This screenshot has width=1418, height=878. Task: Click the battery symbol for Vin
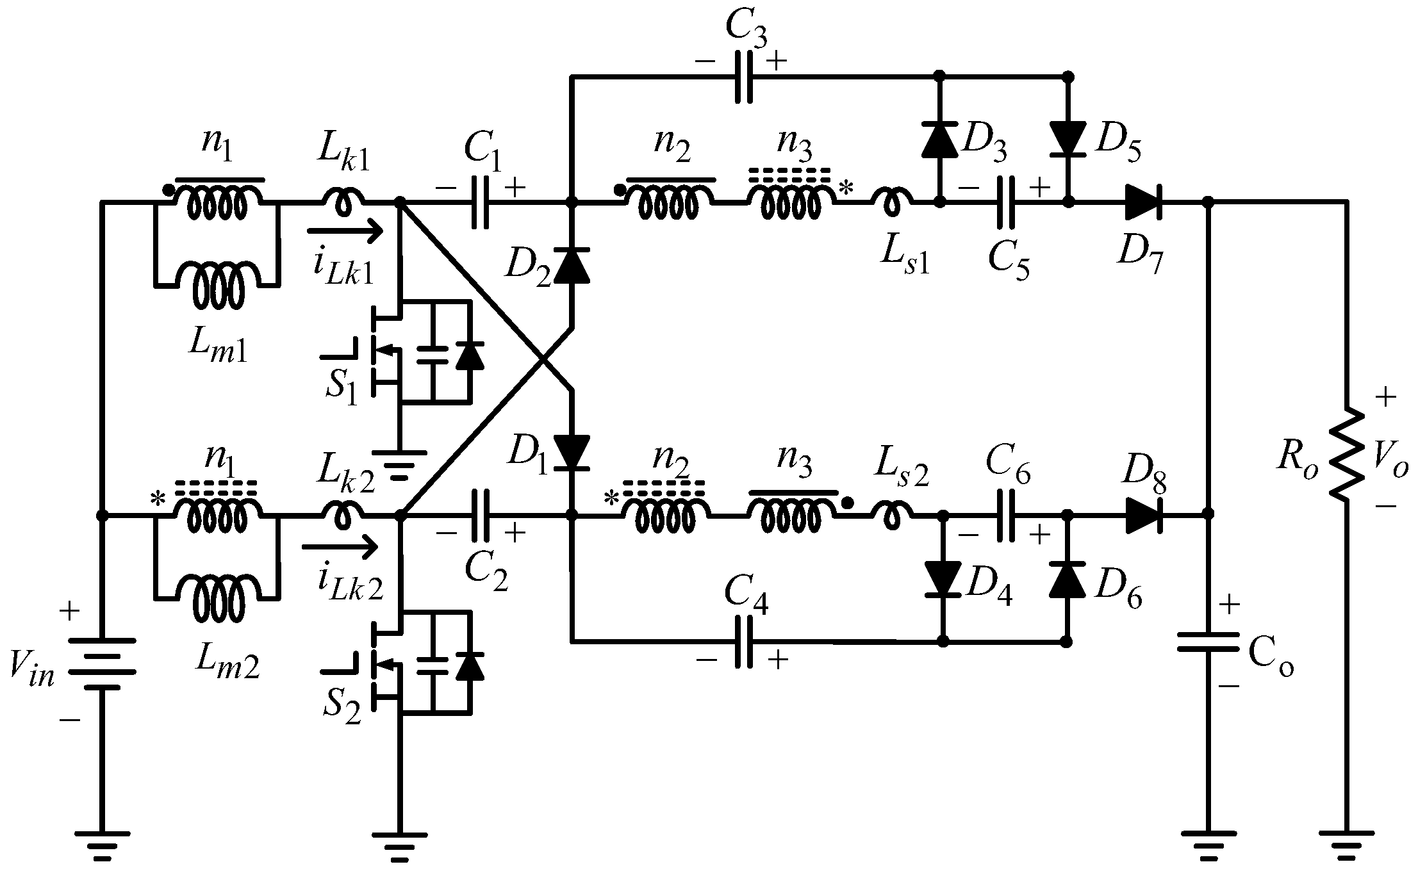coord(101,663)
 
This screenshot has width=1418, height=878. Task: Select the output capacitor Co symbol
coord(1208,642)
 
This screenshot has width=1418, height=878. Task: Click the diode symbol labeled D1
coord(572,451)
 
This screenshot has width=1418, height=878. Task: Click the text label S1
coord(341,386)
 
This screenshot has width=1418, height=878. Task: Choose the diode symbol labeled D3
coord(940,140)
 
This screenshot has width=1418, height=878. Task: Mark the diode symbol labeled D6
coord(1067,580)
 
